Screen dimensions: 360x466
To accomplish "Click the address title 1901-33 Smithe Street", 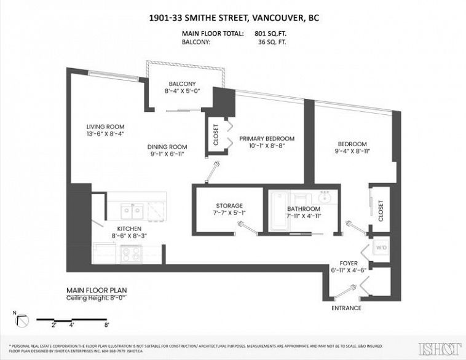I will click(234, 18).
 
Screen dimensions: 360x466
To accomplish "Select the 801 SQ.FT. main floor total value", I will click(271, 34).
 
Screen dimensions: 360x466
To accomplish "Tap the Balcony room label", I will click(182, 84).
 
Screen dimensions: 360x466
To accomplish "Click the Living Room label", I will click(105, 127).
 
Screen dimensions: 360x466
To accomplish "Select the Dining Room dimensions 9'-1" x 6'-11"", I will click(167, 154).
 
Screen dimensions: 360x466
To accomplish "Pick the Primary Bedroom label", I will click(267, 139).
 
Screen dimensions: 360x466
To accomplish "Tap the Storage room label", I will click(229, 206).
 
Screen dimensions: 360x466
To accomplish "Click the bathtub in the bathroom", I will click(278, 212).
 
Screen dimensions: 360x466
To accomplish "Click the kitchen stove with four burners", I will click(131, 252).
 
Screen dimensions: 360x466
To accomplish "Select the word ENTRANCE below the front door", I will click(346, 308).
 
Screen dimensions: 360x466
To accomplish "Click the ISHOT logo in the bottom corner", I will click(440, 348).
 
